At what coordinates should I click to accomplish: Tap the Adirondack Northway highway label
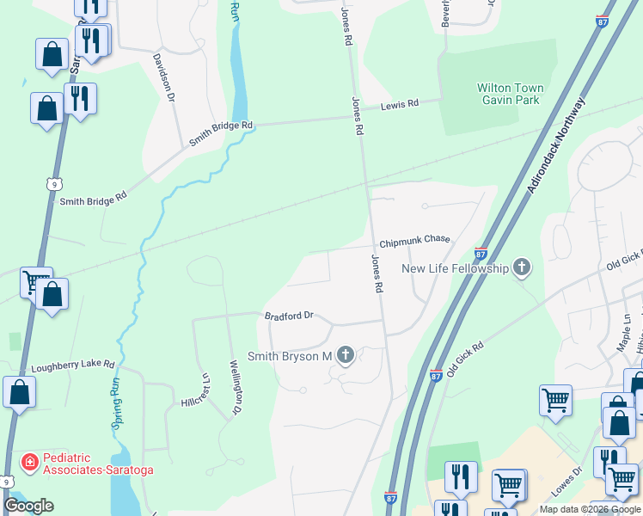556,144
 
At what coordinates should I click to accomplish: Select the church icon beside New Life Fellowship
521,267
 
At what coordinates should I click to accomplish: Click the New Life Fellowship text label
456,268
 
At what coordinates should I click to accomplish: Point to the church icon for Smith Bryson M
346,355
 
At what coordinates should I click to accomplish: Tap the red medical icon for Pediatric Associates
30,462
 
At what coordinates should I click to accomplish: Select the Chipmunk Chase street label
415,239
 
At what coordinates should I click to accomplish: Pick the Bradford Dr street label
289,316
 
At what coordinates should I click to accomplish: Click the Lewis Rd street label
400,104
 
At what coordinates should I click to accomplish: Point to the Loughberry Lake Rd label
73,364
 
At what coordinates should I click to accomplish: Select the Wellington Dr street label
234,387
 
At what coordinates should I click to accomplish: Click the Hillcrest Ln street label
196,389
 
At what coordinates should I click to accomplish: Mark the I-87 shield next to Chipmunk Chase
481,253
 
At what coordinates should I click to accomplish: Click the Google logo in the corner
28,506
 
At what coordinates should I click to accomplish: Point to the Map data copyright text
589,509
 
